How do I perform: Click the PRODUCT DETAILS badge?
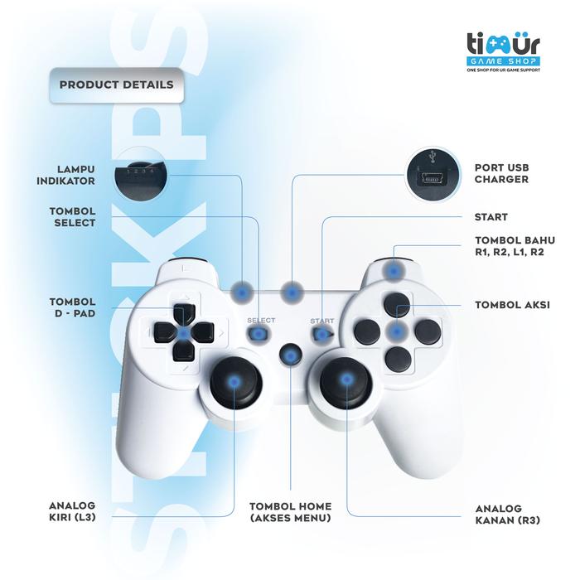tap(116, 85)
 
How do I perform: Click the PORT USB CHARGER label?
tap(501, 172)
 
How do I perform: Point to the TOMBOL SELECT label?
tap(72, 216)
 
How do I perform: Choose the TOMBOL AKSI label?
tap(512, 304)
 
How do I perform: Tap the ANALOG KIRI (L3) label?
tap(72, 510)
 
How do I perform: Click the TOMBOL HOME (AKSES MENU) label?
tap(290, 512)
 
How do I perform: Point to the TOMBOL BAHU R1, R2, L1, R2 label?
tap(509, 246)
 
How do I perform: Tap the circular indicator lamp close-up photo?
tap(138, 173)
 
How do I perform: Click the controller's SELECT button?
tap(259, 334)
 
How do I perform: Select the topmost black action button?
tap(398, 304)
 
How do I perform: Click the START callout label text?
tap(491, 218)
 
